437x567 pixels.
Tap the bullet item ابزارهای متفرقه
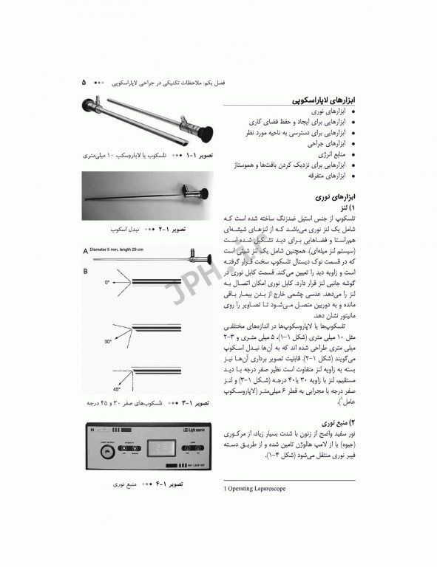[325, 176]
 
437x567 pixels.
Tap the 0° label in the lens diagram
[106, 282]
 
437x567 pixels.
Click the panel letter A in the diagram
[86, 249]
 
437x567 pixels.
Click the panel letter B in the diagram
[86, 270]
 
